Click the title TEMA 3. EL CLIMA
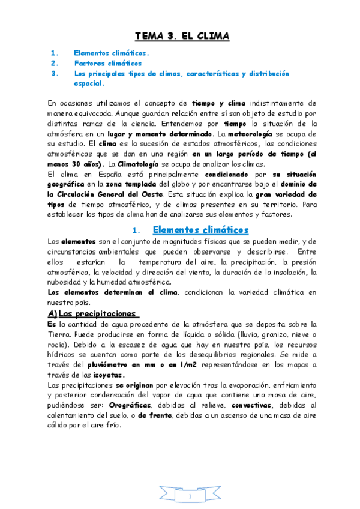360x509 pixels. pyautogui.click(x=182, y=36)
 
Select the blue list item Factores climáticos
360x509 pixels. pyautogui.click(x=108, y=63)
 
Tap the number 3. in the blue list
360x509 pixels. pyautogui.click(x=55, y=73)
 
